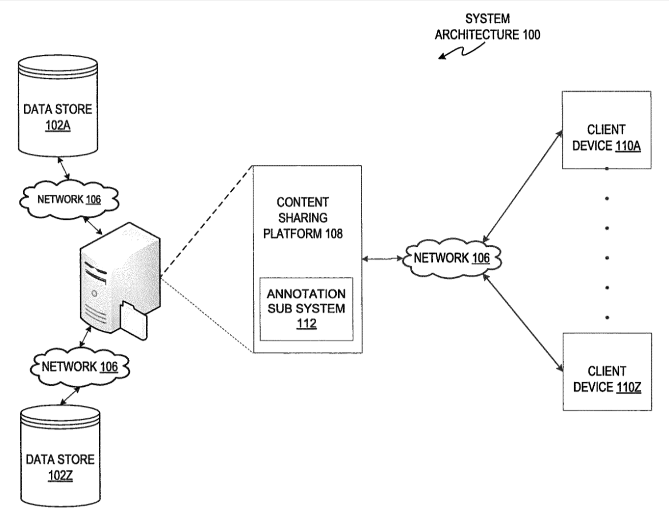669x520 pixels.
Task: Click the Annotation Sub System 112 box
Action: (x=307, y=309)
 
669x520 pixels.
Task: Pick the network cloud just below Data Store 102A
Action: (x=69, y=199)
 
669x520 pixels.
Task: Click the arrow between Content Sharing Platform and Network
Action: (x=382, y=259)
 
